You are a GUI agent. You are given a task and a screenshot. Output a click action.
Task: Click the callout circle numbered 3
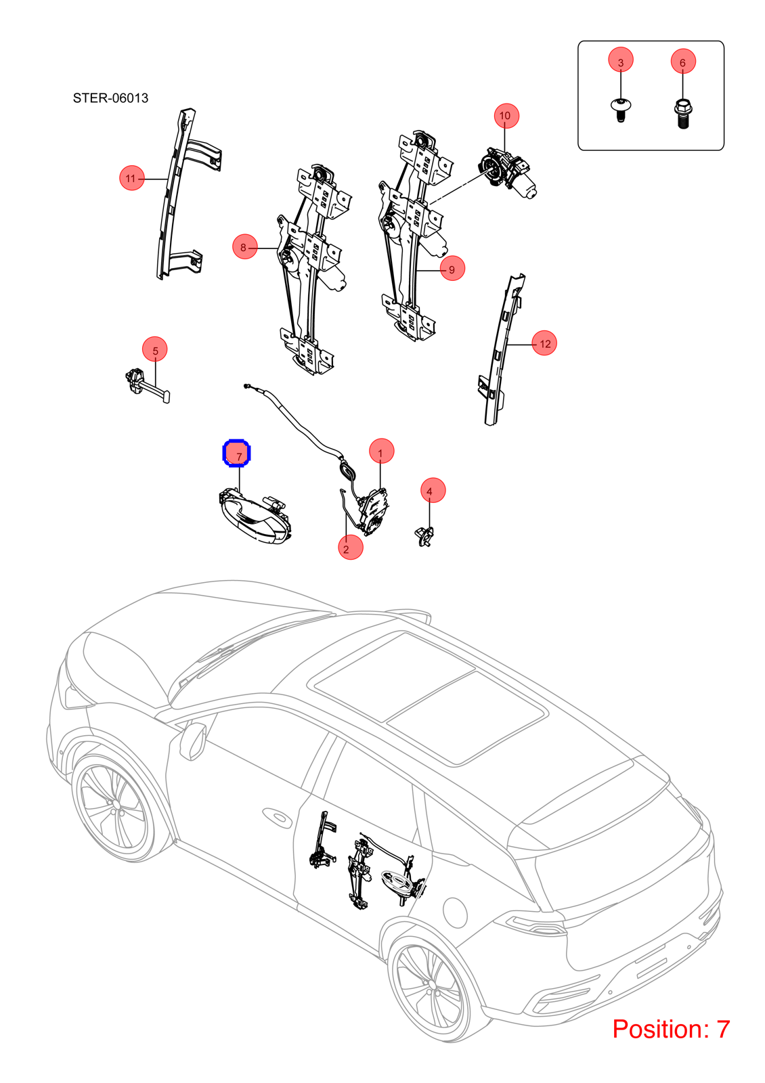click(x=620, y=60)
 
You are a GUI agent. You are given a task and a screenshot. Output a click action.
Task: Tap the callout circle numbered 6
click(x=683, y=61)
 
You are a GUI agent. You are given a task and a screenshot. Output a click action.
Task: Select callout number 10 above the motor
click(x=506, y=116)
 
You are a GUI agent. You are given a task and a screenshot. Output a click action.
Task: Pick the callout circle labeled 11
click(x=132, y=178)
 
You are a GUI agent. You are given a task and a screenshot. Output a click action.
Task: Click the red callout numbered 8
click(x=244, y=246)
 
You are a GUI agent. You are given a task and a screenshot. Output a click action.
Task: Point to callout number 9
click(x=453, y=268)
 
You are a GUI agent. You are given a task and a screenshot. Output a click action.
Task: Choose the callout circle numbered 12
click(x=544, y=342)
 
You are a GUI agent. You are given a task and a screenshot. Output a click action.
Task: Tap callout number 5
click(x=155, y=349)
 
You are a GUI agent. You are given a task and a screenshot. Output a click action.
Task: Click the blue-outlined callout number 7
click(x=236, y=454)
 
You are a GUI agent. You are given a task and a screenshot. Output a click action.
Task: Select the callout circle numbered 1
click(x=382, y=451)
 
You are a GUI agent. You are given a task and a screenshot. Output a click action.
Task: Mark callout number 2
click(x=351, y=548)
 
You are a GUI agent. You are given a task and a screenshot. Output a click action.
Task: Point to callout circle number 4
click(x=433, y=490)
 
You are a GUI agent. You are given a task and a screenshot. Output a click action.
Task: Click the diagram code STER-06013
click(x=111, y=98)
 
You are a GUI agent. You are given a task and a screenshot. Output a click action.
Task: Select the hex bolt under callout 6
click(x=682, y=114)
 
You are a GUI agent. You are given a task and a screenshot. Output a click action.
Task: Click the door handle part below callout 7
click(x=255, y=515)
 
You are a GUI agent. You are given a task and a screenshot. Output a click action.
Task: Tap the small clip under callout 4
click(x=424, y=535)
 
